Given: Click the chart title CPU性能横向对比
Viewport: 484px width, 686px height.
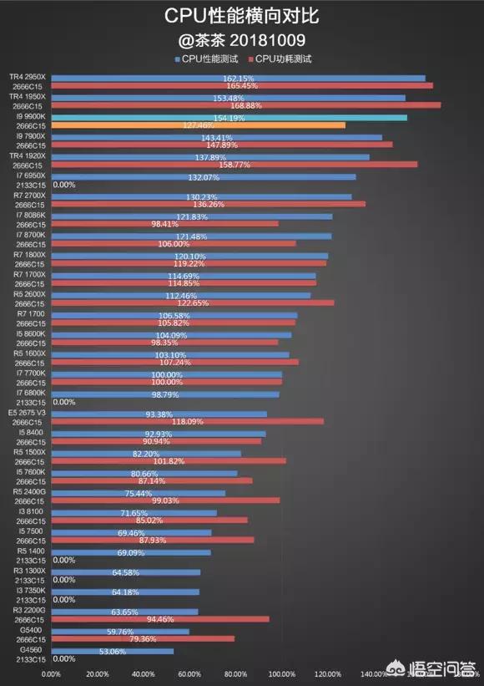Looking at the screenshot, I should coord(241,16).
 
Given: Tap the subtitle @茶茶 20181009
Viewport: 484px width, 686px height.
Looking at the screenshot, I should coord(241,39).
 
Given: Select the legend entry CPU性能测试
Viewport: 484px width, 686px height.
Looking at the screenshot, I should coord(209,58).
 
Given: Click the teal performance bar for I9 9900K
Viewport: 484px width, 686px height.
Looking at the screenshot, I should coord(229,118).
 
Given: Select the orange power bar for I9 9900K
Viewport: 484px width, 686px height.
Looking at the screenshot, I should coord(199,125).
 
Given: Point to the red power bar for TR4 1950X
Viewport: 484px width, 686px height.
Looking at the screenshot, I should coord(246,105).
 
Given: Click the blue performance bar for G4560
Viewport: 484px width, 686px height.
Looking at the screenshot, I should coord(113,651).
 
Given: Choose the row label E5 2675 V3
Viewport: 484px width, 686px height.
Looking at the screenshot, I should coord(28,414).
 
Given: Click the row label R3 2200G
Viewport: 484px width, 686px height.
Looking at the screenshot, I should coord(29,611).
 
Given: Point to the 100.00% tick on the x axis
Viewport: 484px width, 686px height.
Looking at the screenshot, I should coord(283,673).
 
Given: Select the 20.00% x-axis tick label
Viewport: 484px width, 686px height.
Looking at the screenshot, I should coord(98,673).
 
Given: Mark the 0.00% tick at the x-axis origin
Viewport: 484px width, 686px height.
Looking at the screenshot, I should coord(51,673).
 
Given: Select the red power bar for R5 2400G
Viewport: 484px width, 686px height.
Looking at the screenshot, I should coord(166,501).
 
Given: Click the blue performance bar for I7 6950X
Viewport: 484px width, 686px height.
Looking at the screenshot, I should coord(204,177).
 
